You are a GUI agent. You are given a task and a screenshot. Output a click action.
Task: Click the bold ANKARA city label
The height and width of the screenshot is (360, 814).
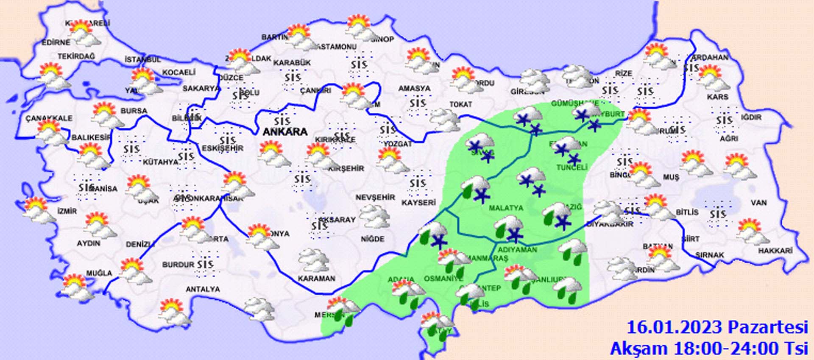tap(285, 132)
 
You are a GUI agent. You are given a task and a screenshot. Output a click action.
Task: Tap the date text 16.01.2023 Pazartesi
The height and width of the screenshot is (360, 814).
tap(717, 327)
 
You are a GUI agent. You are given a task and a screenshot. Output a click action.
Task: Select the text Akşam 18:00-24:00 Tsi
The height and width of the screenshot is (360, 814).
tap(709, 349)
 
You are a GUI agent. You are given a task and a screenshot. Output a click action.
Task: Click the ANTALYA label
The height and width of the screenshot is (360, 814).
tap(203, 289)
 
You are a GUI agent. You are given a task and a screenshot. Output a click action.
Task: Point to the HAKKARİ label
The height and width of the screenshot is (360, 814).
tap(775, 251)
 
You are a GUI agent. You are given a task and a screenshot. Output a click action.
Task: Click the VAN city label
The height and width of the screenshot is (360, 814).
tap(758, 203)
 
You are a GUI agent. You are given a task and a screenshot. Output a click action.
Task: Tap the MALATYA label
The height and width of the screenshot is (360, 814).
tap(506, 208)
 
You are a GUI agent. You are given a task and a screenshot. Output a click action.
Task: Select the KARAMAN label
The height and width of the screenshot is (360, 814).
tap(316, 279)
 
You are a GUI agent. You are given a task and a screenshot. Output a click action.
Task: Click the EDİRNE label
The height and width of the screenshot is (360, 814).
tap(56, 42)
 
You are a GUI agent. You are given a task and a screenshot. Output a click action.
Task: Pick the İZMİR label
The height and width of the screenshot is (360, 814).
tap(67, 211)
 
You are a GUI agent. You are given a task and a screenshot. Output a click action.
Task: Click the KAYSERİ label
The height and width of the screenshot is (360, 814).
tap(418, 203)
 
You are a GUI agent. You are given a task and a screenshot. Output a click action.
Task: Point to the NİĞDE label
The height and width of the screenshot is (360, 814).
tap(373, 239)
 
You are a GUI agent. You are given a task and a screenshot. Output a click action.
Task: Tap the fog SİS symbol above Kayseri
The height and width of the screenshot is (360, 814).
tap(418, 184)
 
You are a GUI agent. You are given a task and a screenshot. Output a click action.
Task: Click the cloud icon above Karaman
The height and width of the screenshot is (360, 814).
tap(314, 260)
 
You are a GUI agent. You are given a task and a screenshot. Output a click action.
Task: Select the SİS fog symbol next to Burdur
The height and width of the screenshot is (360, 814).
tap(205, 264)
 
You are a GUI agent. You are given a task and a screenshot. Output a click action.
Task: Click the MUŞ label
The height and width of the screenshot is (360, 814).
tap(671, 177)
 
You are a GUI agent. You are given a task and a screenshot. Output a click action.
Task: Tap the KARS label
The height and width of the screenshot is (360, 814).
tap(717, 97)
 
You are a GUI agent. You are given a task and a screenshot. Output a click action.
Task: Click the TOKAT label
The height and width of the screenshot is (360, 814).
tap(461, 104)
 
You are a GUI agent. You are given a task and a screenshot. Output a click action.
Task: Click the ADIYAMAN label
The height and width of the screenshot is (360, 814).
tap(517, 250)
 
